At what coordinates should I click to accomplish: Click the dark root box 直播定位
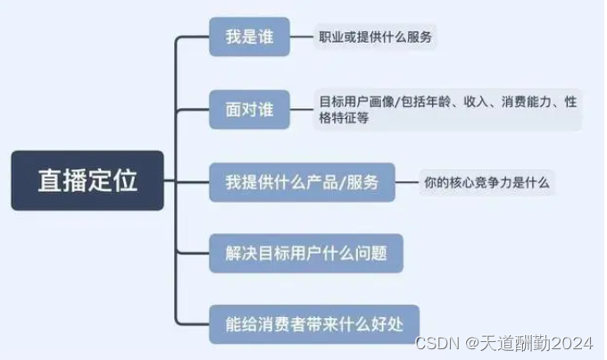point(87,180)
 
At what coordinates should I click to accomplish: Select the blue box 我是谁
point(249,38)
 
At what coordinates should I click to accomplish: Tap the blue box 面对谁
point(249,109)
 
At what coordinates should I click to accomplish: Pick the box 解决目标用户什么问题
point(306,253)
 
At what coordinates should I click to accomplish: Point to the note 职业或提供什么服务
point(378,38)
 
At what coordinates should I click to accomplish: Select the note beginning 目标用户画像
point(447,110)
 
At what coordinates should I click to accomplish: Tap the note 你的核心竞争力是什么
point(487,183)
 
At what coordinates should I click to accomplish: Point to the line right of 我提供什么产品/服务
point(408,182)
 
